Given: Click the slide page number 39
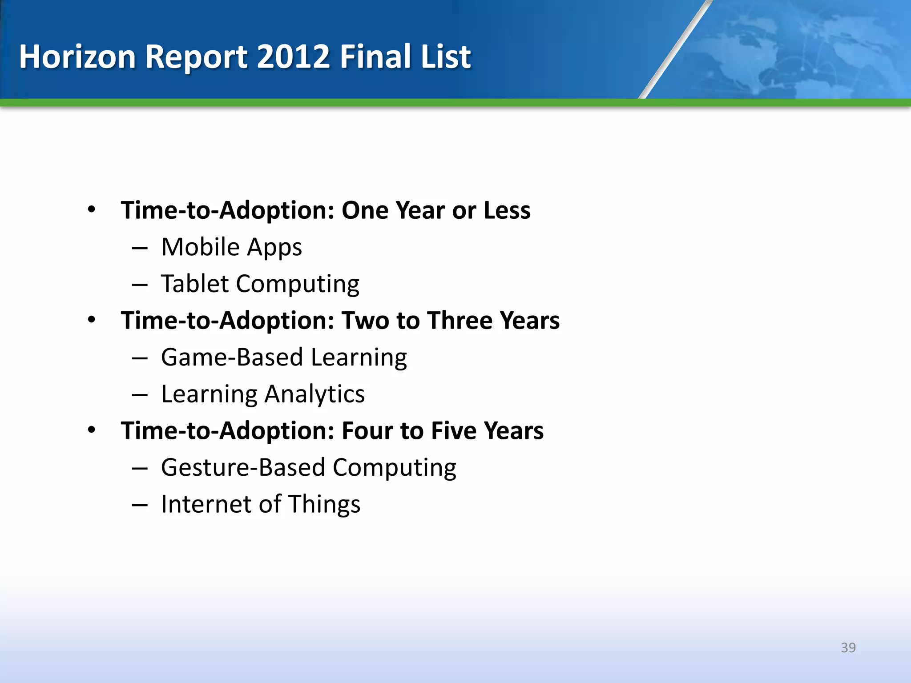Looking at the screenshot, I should click(848, 647).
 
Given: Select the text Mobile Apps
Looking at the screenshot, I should click(231, 247).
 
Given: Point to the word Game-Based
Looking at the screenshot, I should click(232, 358).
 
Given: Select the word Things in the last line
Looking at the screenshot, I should click(324, 504).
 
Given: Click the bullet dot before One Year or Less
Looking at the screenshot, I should click(92, 209).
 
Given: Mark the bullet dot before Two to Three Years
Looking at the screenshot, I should click(92, 320).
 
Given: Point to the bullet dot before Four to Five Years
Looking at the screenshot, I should click(92, 430).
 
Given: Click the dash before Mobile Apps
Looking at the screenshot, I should click(140, 248).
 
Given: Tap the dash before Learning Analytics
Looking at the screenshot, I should click(140, 395).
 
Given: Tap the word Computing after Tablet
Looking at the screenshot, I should click(298, 285).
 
